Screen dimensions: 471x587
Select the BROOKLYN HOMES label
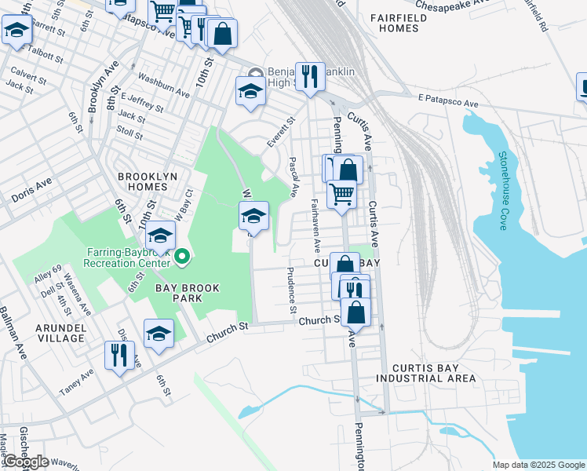(148, 182)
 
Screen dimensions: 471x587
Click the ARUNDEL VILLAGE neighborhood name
(53, 332)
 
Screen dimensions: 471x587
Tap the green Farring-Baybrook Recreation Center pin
(182, 257)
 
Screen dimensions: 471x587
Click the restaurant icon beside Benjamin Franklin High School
(310, 76)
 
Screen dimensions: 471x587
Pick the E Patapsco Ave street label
(448, 103)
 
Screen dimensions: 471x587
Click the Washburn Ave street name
(163, 86)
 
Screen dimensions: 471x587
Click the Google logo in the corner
(26, 462)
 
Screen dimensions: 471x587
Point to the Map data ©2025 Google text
(538, 465)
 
